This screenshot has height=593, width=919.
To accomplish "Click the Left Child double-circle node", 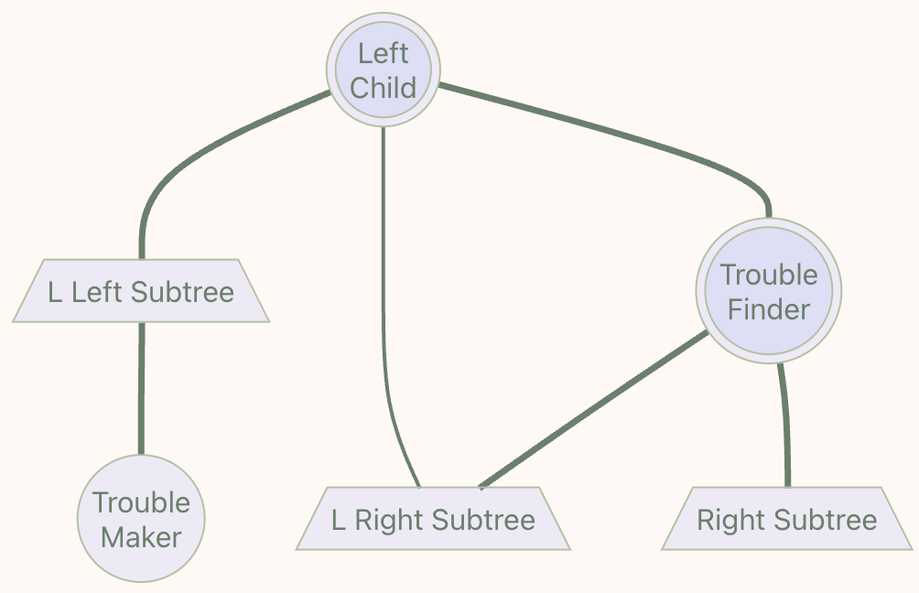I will (x=384, y=70).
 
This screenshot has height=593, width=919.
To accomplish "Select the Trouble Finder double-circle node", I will (x=768, y=291).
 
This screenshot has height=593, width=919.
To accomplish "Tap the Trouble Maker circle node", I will (x=141, y=519).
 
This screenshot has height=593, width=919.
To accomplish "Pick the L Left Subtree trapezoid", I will (x=141, y=292).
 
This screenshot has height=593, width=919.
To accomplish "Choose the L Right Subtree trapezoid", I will (x=433, y=520).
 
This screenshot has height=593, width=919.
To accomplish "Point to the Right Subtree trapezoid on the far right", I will (x=787, y=520).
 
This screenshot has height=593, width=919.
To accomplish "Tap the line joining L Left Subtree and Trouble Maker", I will (x=141, y=389).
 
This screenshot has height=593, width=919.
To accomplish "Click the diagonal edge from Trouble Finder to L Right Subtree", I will (x=595, y=409).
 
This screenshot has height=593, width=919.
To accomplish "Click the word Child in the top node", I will (x=384, y=88).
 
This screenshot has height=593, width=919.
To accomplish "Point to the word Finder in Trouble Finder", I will (x=769, y=309).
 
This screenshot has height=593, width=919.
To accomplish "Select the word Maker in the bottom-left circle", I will (x=142, y=537).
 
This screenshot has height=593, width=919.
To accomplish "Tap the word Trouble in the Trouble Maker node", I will (x=142, y=502).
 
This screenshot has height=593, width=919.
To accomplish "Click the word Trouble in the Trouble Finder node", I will (x=769, y=275).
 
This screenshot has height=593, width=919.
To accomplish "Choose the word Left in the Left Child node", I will (x=384, y=53).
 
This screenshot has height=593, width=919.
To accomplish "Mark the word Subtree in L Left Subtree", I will (x=183, y=292).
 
